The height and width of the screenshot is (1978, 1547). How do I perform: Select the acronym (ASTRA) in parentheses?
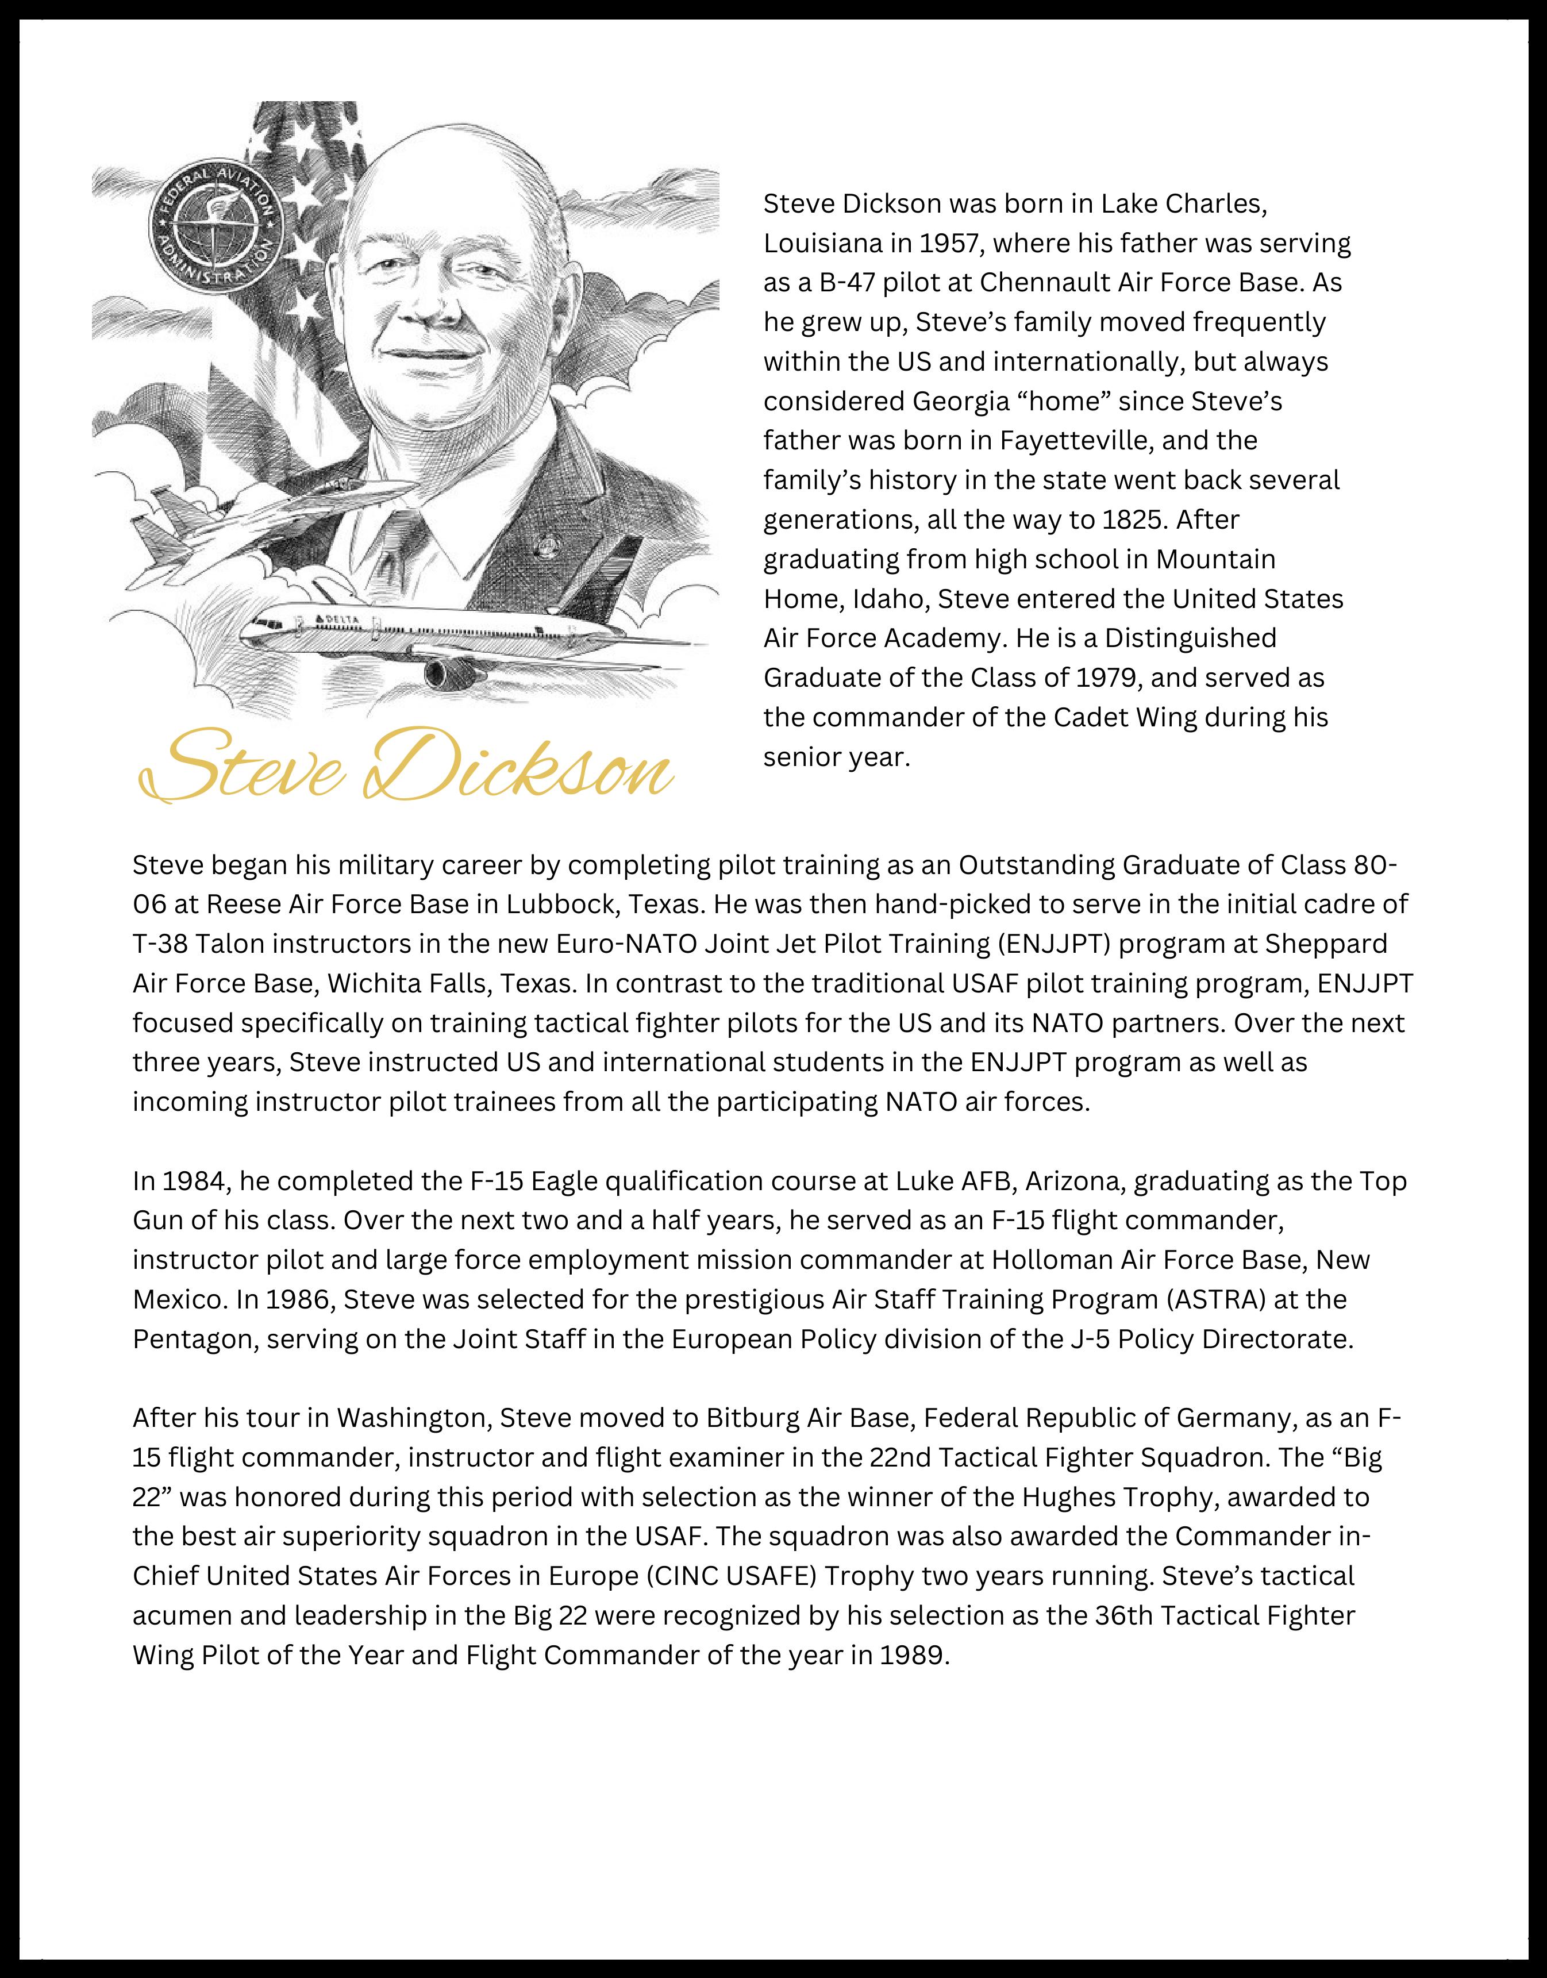coord(1217,1300)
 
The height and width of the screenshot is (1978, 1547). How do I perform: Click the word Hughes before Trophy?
coord(1069,1497)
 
